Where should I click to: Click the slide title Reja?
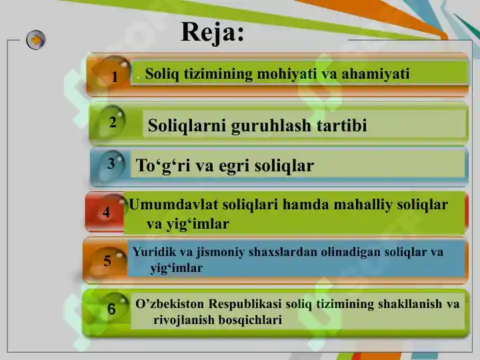coord(212,32)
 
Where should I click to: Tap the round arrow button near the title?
coord(36,40)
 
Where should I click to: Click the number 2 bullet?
coord(113,123)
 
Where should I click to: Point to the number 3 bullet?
coord(111,162)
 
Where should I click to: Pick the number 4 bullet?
coord(107,213)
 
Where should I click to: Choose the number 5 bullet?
coord(107,261)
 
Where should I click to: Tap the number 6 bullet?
coord(111,309)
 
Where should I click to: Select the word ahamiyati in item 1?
coord(376,73)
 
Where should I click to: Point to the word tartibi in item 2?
coord(341,125)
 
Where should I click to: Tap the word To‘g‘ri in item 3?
coord(161,165)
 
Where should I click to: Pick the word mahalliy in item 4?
coord(355,205)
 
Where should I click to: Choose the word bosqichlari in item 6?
coord(245,320)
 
